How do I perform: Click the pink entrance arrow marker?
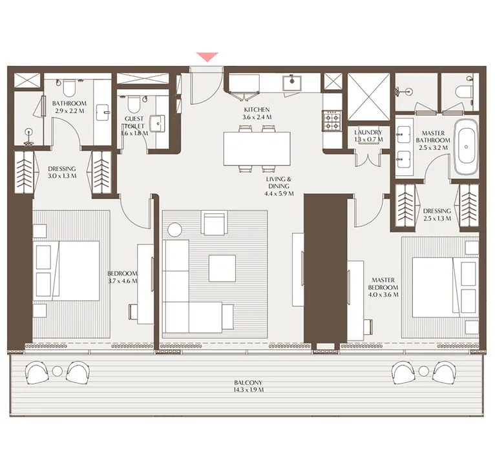pyautogui.click(x=207, y=58)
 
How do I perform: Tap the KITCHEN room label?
pyautogui.click(x=257, y=110)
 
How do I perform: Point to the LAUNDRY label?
pyautogui.click(x=368, y=132)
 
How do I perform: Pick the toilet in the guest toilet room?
pyautogui.click(x=132, y=103)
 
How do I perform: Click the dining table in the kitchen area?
pyautogui.click(x=257, y=149)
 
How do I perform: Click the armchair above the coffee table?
pyautogui.click(x=214, y=223)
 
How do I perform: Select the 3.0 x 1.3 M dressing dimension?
pyautogui.click(x=62, y=175)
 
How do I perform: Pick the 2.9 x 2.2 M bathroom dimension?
pyautogui.click(x=69, y=111)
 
